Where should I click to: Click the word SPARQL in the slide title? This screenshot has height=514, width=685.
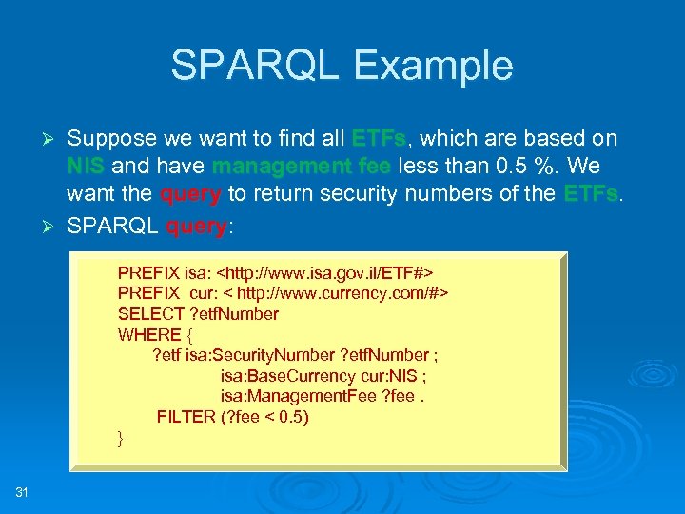[257, 66]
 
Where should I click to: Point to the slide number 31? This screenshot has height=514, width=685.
[22, 491]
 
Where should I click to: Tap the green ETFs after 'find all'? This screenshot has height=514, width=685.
[379, 139]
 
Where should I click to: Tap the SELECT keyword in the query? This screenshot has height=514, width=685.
[148, 314]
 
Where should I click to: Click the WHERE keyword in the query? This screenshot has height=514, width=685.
[149, 335]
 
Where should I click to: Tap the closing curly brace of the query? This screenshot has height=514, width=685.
[121, 438]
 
